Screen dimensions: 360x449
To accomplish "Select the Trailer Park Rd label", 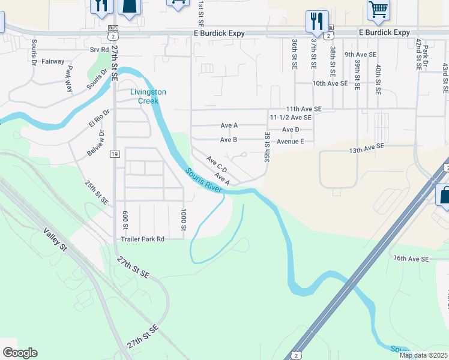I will (142, 238).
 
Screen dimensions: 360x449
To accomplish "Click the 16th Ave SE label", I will (411, 259).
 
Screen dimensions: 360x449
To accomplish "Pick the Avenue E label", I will (291, 142).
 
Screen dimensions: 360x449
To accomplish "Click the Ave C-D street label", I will (215, 163).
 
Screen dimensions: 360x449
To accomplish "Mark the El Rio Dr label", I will (99, 119).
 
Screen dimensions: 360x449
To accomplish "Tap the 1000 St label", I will (184, 219).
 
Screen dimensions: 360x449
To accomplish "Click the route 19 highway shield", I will (114, 154).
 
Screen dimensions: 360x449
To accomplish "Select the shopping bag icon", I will (444, 196).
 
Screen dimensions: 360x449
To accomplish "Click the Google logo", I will (20, 353).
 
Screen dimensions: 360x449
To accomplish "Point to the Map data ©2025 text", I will (423, 355).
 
